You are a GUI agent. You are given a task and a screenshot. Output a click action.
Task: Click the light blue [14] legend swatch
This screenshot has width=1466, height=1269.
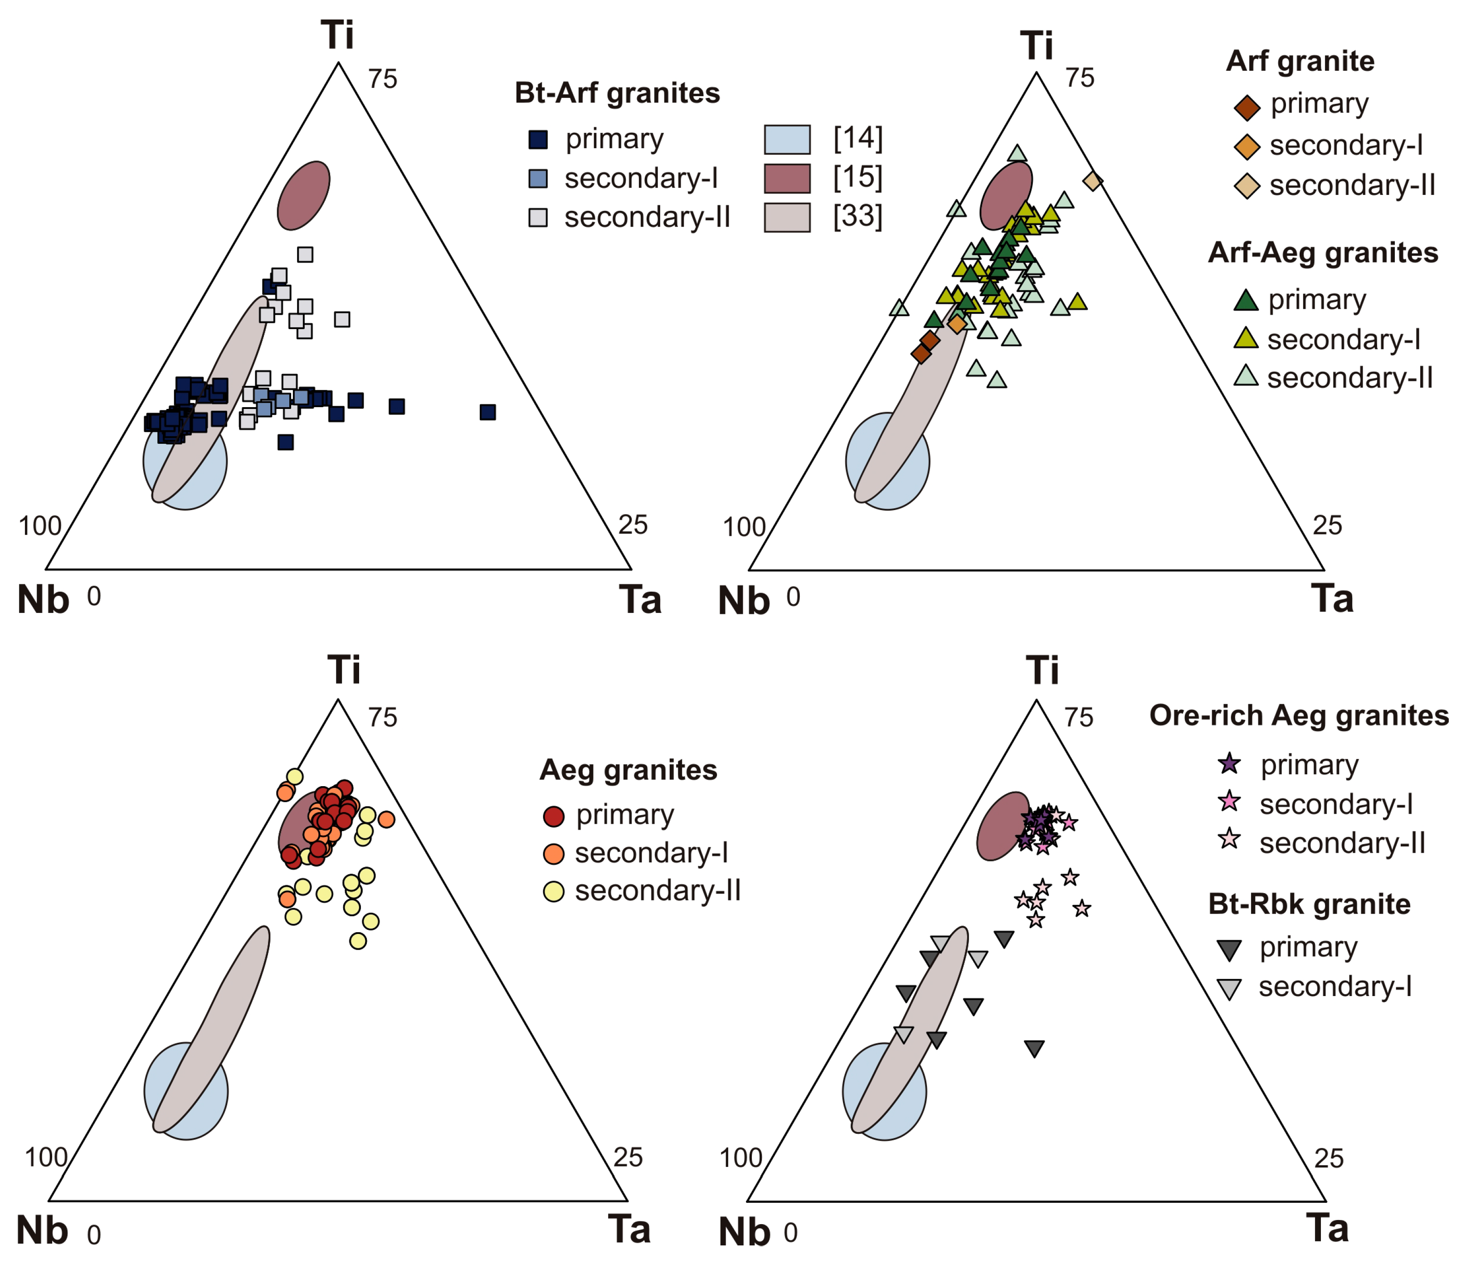click(787, 140)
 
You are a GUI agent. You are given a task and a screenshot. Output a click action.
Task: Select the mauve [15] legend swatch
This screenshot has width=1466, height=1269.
click(787, 179)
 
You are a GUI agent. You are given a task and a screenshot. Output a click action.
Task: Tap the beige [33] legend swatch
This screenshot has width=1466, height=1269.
click(787, 218)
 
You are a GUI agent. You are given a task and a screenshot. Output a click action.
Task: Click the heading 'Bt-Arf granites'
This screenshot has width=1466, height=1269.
click(617, 93)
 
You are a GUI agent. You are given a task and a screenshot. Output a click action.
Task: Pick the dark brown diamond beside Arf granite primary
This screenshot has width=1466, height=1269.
click(1247, 107)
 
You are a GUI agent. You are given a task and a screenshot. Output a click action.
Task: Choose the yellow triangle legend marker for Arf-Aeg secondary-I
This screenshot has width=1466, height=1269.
click(1246, 339)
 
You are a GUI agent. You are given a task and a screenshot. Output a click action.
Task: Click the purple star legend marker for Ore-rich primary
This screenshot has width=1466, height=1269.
click(1230, 764)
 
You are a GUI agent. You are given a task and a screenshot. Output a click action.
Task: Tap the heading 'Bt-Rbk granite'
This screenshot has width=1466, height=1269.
click(1309, 904)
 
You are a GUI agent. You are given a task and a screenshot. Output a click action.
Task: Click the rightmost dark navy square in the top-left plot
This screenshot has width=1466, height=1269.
click(487, 412)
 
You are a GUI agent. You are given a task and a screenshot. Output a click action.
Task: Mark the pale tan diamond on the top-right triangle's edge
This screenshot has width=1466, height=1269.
click(1093, 181)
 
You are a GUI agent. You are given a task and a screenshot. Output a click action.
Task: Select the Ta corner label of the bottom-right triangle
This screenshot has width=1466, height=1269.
click(1326, 1229)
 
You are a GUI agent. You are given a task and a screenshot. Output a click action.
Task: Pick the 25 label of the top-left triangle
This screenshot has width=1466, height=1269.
click(633, 525)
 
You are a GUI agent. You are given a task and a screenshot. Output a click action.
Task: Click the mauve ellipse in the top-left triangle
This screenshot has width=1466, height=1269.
click(303, 195)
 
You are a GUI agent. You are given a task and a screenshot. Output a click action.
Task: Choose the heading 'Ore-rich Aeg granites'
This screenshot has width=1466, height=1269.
click(1299, 716)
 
